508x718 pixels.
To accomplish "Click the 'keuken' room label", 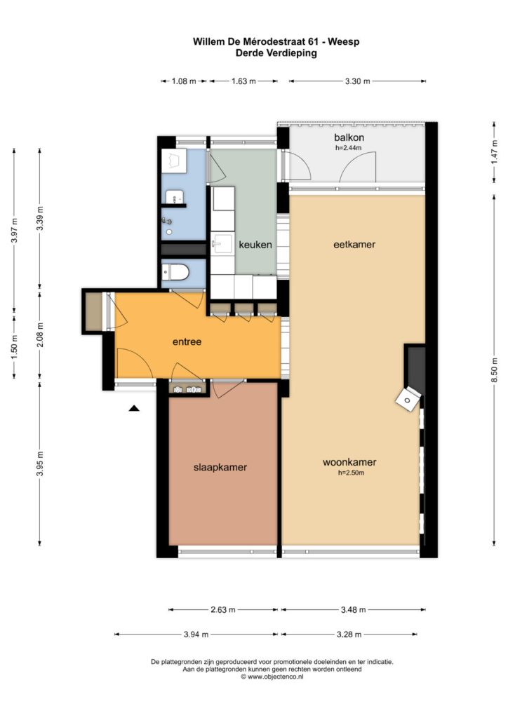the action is click(255, 245).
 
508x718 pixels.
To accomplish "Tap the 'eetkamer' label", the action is click(354, 245).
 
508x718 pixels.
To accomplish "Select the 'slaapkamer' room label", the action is click(220, 468).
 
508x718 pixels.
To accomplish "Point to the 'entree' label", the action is click(187, 341).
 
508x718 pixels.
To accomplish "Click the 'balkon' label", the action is click(349, 137).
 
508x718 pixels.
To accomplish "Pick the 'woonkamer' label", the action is click(349, 463).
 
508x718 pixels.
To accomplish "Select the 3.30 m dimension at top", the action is click(357, 81).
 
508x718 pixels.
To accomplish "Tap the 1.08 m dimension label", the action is click(184, 81).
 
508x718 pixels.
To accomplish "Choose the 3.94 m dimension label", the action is click(196, 634).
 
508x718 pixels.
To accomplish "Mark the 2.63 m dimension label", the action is click(223, 609).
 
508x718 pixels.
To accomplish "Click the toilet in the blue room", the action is click(175, 273).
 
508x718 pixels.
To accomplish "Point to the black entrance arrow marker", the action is click(134, 408).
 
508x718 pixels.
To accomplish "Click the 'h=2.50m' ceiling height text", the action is click(351, 473).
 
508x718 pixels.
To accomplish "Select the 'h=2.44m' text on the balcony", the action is click(349, 148).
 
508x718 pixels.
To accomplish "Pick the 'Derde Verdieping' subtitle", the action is click(276, 53).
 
